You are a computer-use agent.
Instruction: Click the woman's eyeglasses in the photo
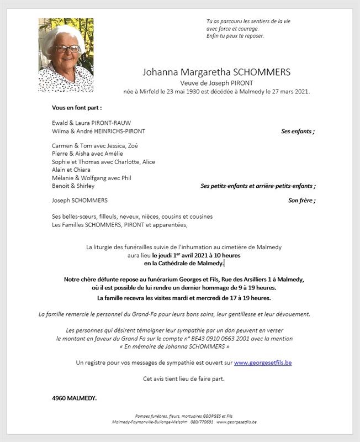coord(67,49)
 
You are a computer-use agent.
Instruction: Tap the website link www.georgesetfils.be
coord(263,362)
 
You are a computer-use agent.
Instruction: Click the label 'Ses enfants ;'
coord(298,131)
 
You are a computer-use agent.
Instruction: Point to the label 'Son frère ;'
coord(301,201)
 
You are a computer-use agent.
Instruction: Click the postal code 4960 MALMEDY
coord(74,398)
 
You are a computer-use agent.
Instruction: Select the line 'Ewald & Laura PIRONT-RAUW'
coord(91,123)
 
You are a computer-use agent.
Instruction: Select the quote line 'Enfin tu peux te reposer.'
coord(235,36)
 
